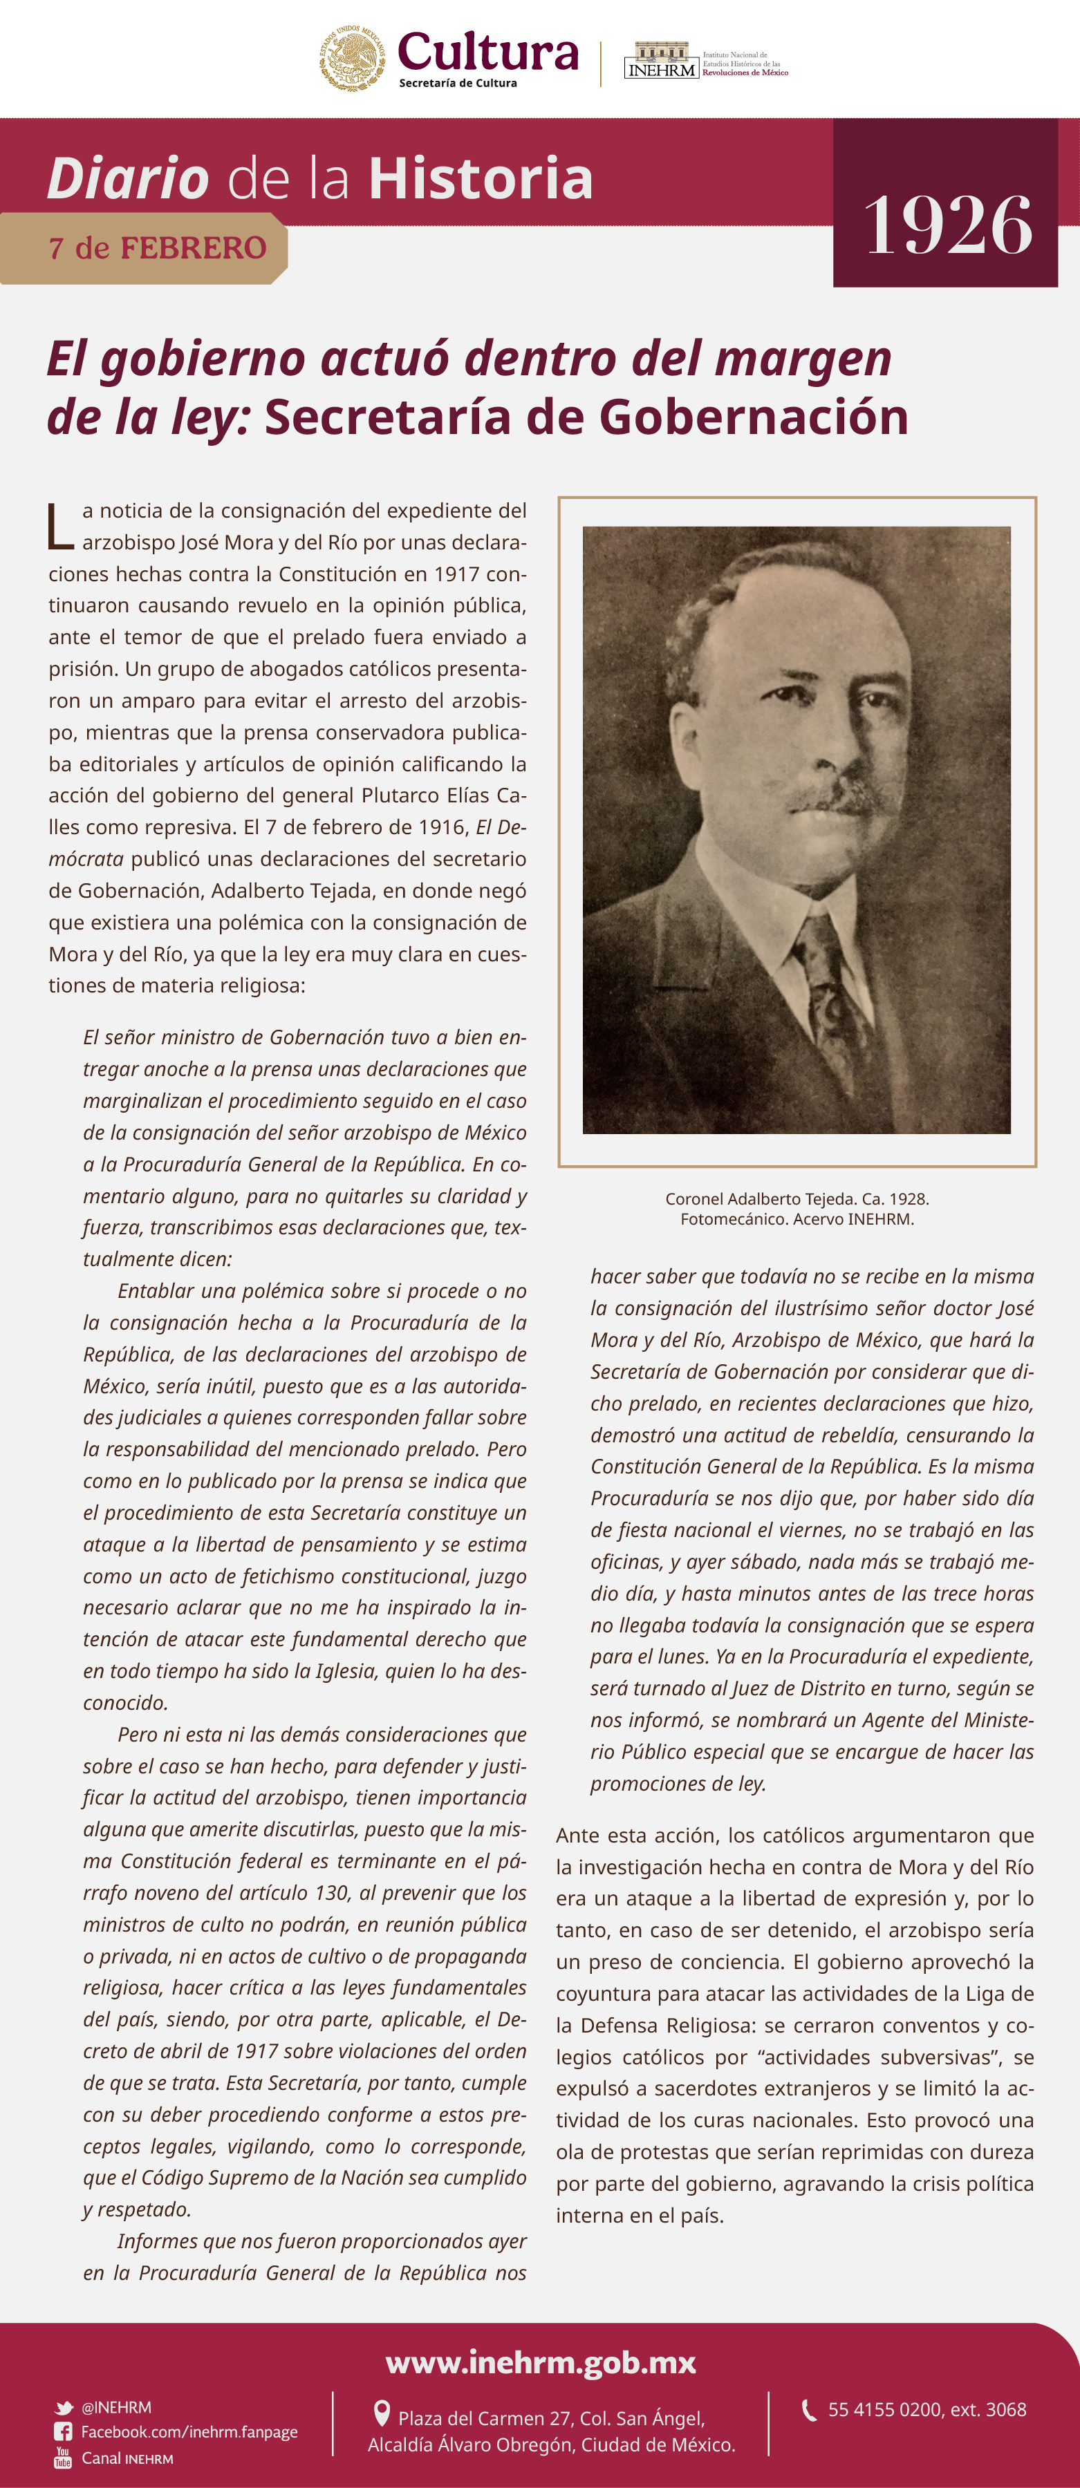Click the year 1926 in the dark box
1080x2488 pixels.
click(948, 225)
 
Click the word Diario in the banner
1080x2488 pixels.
click(129, 179)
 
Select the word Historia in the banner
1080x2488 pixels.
click(480, 179)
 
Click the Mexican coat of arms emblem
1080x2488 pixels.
click(353, 59)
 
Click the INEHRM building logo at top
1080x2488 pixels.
click(662, 60)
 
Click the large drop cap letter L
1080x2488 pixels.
click(60, 527)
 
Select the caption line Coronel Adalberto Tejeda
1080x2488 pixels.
click(797, 1198)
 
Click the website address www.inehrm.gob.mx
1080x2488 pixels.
click(540, 2362)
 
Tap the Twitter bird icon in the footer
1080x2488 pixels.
click(64, 2408)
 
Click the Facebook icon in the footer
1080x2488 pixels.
click(64, 2432)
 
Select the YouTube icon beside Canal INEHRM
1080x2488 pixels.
click(64, 2457)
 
